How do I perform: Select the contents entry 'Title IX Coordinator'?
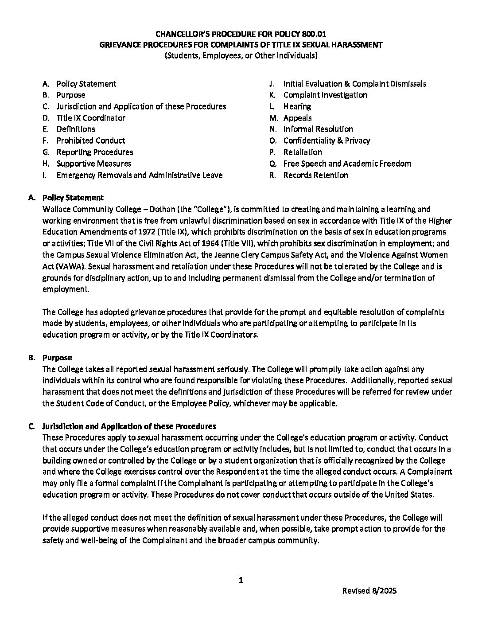pos(90,118)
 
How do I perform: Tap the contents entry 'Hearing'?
pos(297,106)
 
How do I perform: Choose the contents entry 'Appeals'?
pos(297,118)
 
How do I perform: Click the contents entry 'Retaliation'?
pos(303,152)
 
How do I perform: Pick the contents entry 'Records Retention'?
pos(315,175)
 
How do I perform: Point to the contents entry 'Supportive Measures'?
pos(93,164)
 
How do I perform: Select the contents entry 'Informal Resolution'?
pos(318,129)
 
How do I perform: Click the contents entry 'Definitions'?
pos(75,129)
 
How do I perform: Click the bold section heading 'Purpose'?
pos(57,357)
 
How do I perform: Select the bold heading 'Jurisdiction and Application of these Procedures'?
pos(129,426)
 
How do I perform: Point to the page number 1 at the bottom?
pos(241,580)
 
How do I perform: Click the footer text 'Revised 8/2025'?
pos(369,591)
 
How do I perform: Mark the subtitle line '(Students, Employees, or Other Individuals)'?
pos(241,56)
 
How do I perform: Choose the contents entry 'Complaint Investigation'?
pos(325,95)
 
